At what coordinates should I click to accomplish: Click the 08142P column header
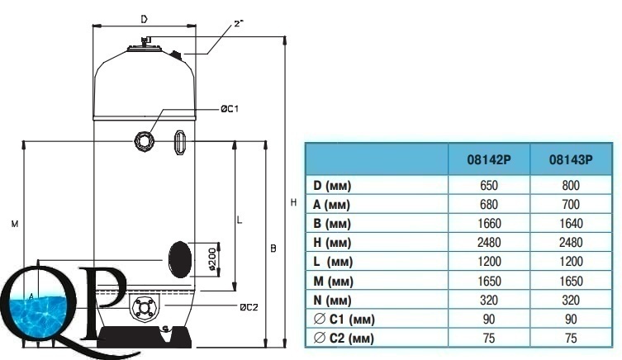489,160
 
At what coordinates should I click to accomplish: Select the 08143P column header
571,160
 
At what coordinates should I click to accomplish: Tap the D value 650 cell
489,185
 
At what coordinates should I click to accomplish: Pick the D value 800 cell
571,185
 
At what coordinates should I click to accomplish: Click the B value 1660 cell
489,223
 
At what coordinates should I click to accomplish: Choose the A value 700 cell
571,204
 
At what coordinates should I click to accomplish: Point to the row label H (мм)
332,242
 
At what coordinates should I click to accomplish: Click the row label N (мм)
332,300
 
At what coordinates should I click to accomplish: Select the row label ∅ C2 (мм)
344,339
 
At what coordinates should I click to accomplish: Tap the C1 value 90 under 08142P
489,320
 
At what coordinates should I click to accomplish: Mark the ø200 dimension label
212,260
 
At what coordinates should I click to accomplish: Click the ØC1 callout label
230,109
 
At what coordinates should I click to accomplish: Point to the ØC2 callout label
249,307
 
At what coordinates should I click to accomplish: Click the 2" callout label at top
238,24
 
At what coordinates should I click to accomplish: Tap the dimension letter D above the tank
145,19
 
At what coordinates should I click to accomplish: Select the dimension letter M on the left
15,224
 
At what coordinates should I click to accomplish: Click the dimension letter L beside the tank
240,220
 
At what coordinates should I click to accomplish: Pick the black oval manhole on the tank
180,259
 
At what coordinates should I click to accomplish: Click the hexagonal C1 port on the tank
144,140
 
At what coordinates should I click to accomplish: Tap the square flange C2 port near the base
144,308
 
